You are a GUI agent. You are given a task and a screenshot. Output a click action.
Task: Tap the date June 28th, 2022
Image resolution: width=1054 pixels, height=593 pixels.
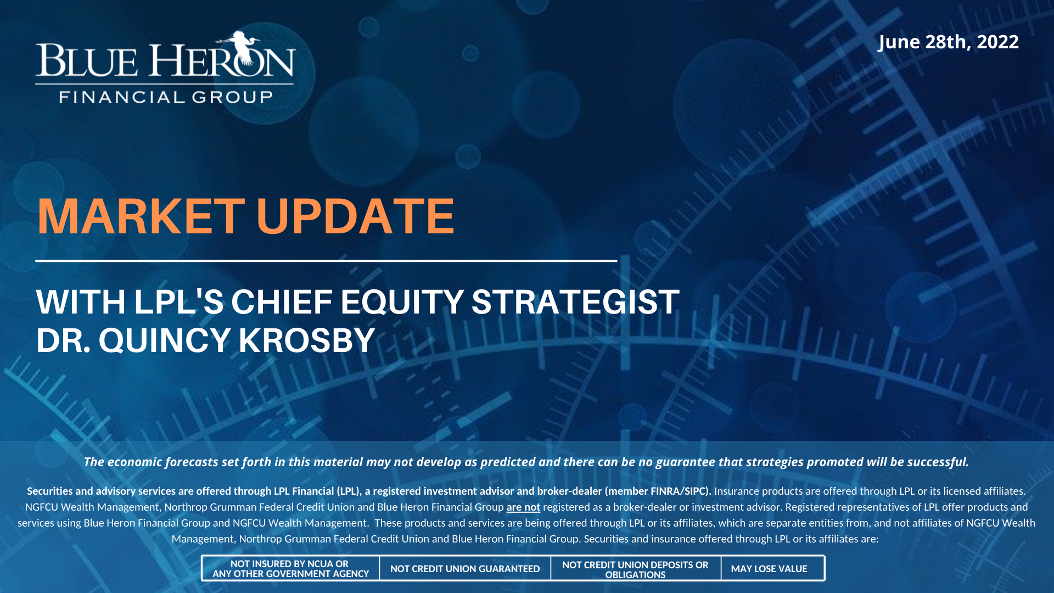[948, 42]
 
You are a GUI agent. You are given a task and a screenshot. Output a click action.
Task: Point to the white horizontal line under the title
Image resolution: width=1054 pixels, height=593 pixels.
[326, 261]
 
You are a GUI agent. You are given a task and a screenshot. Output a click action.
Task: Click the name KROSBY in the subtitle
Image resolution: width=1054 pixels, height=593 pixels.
[307, 340]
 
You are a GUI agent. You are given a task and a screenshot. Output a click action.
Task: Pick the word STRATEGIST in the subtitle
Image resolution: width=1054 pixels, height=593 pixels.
[575, 302]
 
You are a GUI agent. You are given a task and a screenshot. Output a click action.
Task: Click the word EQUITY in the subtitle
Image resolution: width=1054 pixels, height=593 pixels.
[402, 302]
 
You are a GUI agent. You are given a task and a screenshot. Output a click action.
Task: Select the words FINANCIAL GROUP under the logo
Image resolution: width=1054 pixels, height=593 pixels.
[166, 97]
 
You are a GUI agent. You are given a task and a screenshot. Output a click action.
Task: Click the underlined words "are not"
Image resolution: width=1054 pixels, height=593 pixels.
[523, 507]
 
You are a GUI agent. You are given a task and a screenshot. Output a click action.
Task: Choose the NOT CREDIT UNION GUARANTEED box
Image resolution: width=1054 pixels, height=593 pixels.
[465, 568]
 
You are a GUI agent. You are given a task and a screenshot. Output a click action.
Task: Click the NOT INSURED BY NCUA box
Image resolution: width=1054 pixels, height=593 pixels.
[290, 568]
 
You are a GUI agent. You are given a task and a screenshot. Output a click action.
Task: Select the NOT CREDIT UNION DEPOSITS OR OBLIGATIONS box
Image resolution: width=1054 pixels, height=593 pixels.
[636, 568]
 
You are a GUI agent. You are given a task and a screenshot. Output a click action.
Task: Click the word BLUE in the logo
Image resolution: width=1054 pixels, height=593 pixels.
[87, 60]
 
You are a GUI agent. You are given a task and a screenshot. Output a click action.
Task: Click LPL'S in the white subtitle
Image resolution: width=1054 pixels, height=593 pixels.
[179, 302]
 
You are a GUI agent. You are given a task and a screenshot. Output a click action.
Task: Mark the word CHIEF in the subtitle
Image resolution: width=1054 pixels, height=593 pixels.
[282, 302]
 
